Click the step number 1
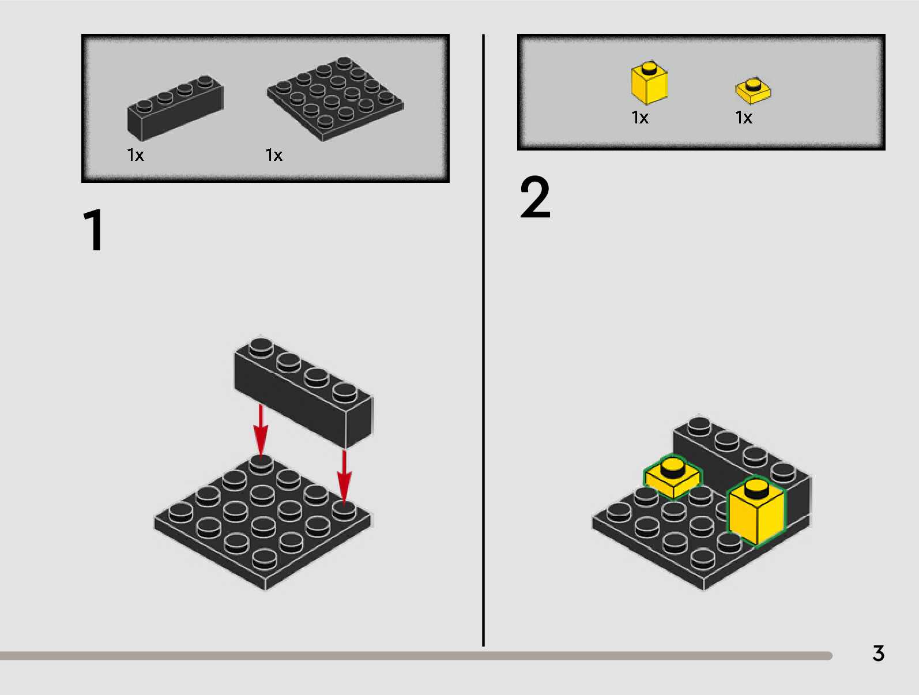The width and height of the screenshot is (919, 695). [94, 231]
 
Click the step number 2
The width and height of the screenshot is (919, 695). [535, 198]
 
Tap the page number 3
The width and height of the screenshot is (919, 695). [878, 653]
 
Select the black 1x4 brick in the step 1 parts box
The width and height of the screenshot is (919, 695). [175, 108]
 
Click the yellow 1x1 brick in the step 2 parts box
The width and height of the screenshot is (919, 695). [649, 84]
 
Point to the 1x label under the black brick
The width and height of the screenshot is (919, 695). [135, 155]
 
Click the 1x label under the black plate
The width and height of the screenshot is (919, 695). [274, 155]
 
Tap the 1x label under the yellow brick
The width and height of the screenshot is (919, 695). [640, 118]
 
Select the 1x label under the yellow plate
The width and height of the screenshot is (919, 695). [744, 118]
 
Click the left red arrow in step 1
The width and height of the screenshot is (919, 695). [261, 430]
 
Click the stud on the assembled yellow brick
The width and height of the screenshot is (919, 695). [756, 489]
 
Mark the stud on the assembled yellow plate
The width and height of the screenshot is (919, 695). [673, 466]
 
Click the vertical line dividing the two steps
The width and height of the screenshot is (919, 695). [483, 340]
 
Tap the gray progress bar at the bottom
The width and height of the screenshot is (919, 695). [415, 656]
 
